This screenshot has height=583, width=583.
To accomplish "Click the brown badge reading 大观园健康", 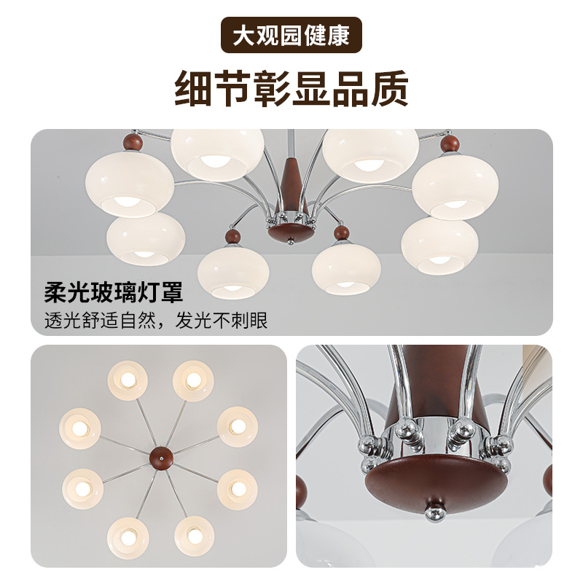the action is [291, 35].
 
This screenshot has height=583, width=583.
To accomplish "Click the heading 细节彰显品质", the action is [291, 89].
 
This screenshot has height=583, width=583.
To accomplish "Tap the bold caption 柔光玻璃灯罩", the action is [114, 292].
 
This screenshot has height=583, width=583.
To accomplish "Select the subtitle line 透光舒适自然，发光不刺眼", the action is [156, 320].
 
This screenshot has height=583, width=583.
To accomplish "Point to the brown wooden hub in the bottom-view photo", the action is [161, 458].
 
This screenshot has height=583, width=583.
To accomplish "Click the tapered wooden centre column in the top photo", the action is [291, 182].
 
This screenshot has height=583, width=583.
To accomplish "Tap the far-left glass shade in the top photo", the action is [130, 184].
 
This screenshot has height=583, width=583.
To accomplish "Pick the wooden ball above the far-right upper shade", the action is [450, 144].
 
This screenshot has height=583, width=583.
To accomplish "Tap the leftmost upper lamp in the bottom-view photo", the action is [80, 429].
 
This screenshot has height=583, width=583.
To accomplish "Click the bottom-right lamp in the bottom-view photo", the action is [194, 536].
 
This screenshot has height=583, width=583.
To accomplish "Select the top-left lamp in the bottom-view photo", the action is [128, 380].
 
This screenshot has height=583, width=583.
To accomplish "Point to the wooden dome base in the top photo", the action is [291, 233].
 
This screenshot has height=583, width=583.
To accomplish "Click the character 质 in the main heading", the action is [390, 89].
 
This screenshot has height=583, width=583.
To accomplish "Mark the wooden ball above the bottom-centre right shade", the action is [341, 232].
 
